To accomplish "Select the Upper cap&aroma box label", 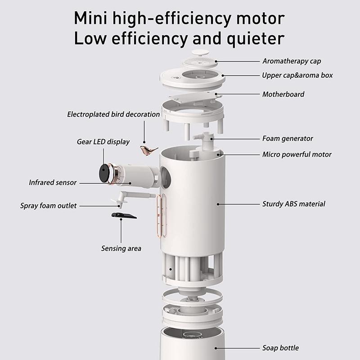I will pos(297,75).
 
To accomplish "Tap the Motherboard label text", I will pos(283,94).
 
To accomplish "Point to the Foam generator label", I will pos(288,138).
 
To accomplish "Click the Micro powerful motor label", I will pos(297,154).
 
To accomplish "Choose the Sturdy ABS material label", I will pos(293,204).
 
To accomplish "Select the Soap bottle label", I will pos(280,348).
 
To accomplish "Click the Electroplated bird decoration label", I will pos(113,114).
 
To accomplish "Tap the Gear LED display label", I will pos(103,142).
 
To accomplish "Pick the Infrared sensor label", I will pos(53,183).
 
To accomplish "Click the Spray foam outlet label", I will pos(48,206).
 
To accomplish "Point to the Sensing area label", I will pos(121,248).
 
